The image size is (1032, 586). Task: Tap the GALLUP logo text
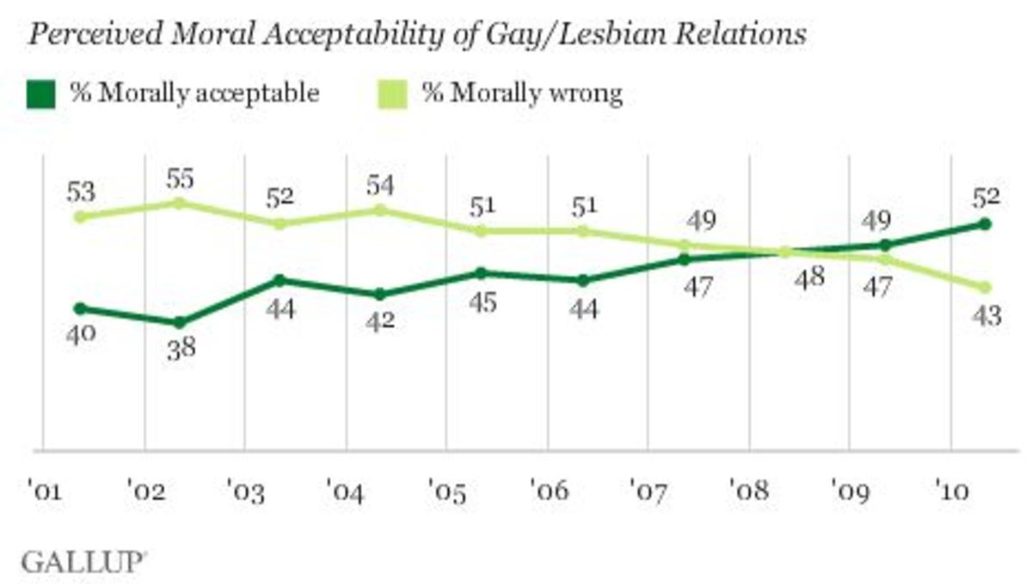[82, 564]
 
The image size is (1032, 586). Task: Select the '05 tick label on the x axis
[445, 494]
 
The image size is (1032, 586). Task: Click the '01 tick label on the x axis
[43, 494]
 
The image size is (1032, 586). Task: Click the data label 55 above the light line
[179, 180]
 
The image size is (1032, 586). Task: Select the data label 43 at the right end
[986, 315]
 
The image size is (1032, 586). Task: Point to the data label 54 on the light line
[380, 186]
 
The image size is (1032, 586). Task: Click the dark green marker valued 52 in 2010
[986, 224]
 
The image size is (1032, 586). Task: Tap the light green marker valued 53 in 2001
[79, 217]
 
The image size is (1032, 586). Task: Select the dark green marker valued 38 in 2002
[179, 323]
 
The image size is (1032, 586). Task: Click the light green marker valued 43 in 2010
[986, 287]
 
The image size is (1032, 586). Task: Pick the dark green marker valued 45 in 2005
[481, 273]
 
